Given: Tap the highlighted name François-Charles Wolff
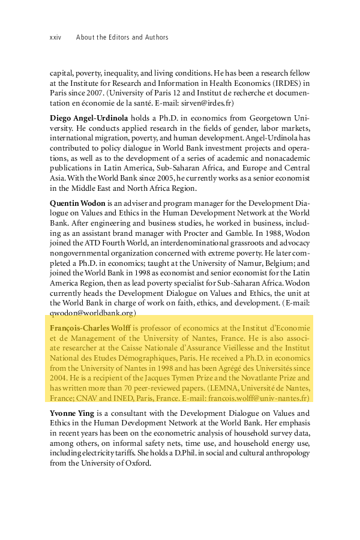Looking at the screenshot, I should (91, 329).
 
